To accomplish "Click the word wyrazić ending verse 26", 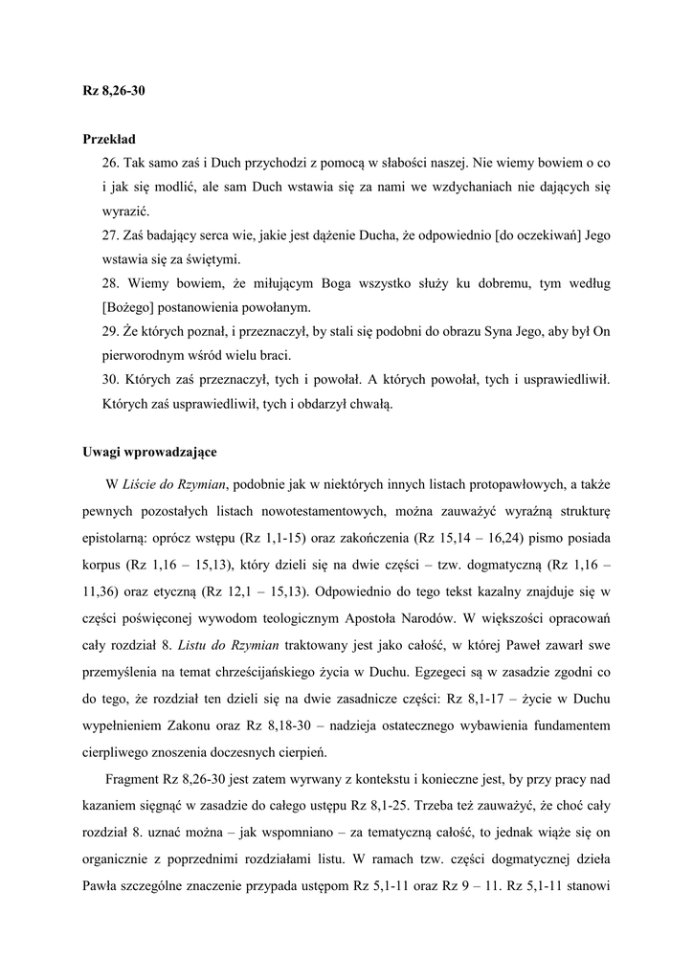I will pyautogui.click(x=124, y=212).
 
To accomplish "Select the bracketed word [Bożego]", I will pyautogui.click(x=131, y=307).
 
